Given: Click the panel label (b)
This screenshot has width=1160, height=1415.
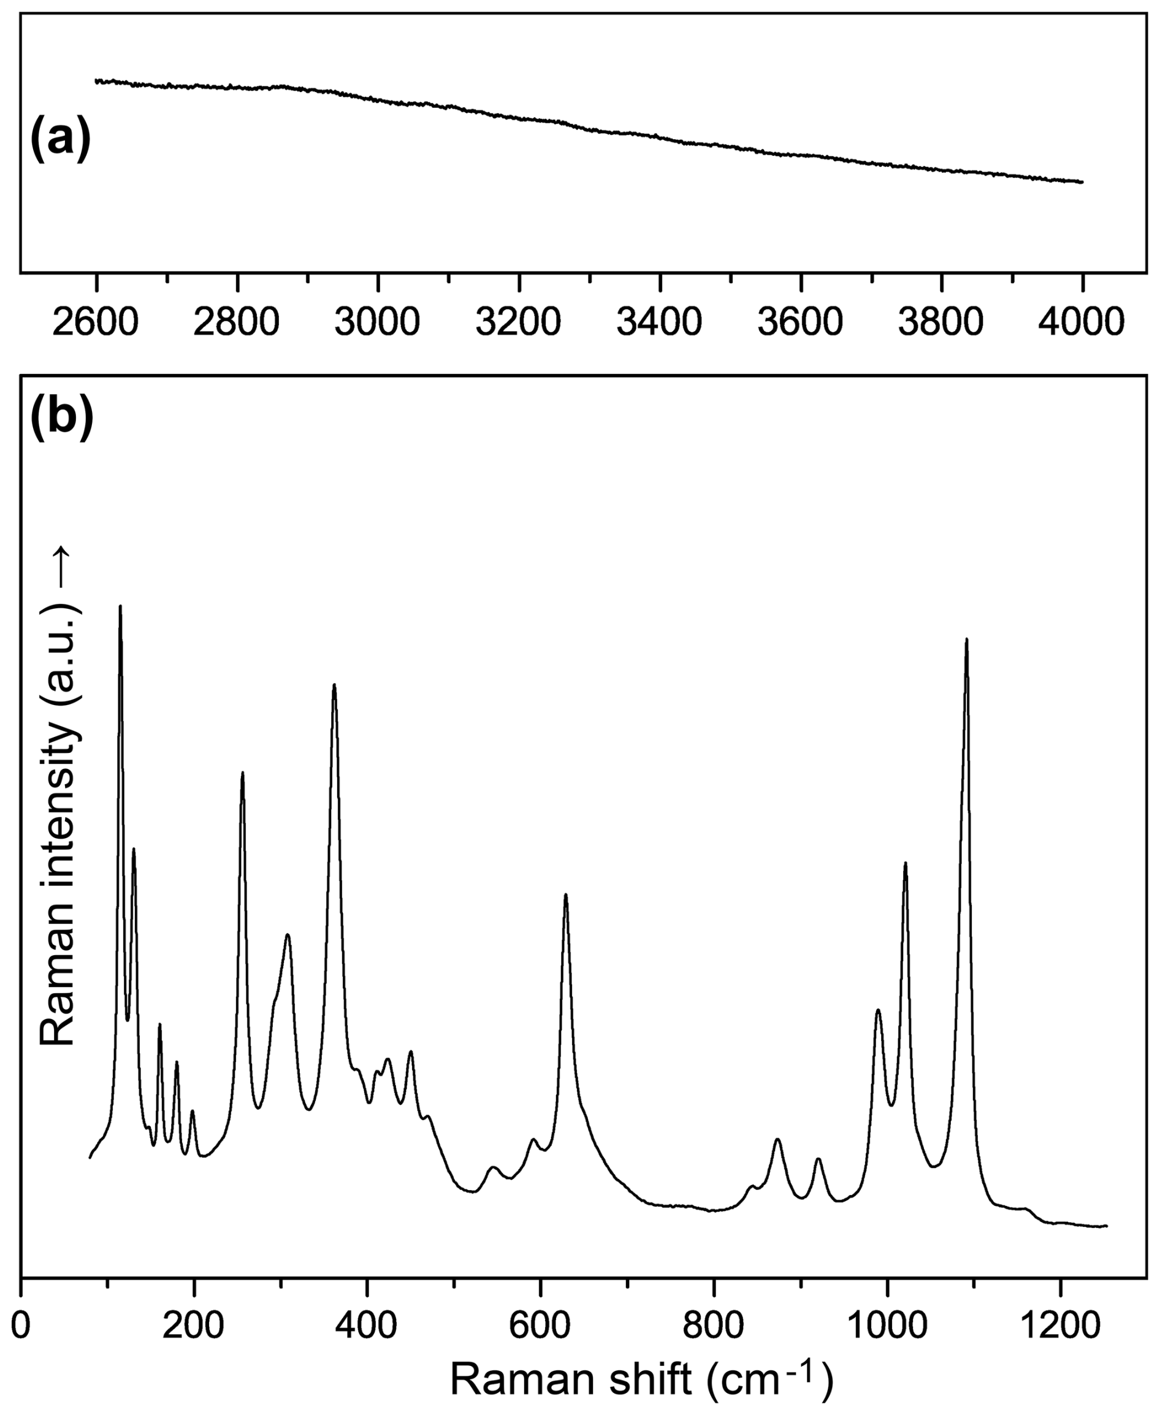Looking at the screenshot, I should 61,417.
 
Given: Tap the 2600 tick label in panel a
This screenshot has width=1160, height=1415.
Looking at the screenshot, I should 96,321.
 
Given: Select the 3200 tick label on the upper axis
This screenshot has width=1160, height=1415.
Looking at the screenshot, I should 519,321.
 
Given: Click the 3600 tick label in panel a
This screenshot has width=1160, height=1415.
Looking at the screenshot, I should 801,321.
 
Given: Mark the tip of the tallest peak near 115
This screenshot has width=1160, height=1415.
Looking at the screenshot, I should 120,606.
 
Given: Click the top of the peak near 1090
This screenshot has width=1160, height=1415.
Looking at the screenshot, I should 966,639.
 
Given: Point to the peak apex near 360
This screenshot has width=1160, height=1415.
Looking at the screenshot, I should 334,685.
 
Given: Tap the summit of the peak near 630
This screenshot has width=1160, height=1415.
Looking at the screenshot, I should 566,894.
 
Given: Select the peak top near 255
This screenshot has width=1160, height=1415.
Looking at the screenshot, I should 243,772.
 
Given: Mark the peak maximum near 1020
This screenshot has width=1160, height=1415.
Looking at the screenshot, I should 906,863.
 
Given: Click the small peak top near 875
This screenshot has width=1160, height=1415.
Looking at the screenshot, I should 777,1138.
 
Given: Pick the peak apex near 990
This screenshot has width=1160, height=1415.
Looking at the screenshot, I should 878,1010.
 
